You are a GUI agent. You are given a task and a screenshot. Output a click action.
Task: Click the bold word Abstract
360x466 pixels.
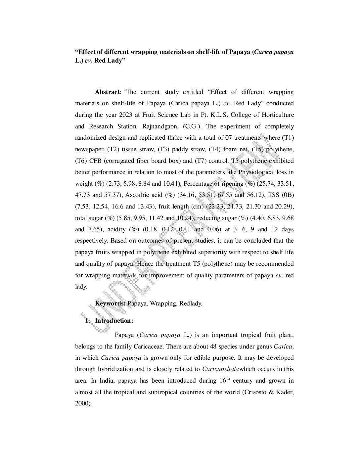[x=107, y=92]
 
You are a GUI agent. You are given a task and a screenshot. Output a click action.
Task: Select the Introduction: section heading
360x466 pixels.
[x=114, y=321]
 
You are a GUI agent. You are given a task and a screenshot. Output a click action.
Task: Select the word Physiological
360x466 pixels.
[x=257, y=172]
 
